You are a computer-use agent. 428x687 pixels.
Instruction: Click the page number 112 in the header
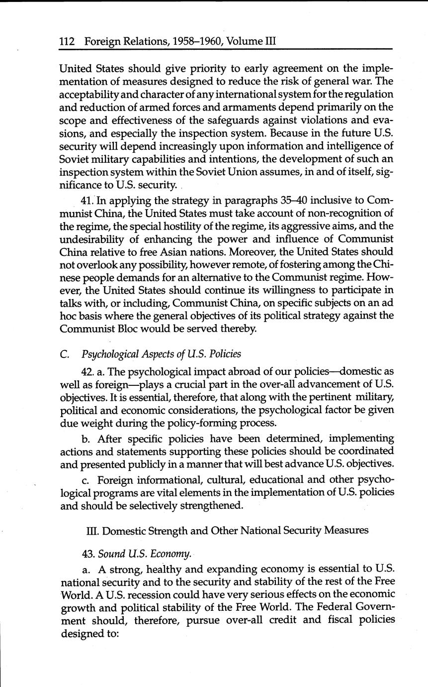pyautogui.click(x=67, y=42)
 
